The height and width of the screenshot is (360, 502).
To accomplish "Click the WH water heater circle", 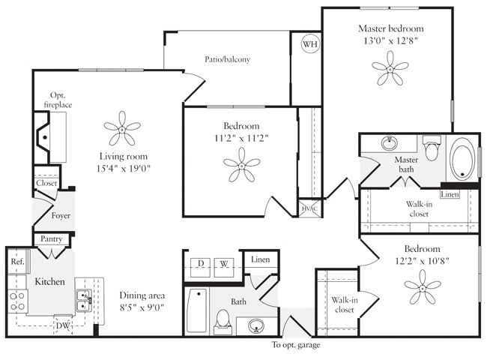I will click(x=309, y=44).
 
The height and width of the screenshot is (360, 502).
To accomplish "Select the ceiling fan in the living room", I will click(x=121, y=129).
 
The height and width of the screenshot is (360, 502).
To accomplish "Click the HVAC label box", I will click(x=308, y=208).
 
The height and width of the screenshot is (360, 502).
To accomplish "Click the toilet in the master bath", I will click(x=432, y=148).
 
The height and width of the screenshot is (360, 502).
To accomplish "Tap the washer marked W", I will click(x=224, y=264).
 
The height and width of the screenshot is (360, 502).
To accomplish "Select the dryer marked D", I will click(x=201, y=264).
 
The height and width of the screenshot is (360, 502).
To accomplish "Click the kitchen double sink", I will click(x=84, y=300).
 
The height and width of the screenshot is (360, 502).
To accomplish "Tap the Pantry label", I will click(x=51, y=239).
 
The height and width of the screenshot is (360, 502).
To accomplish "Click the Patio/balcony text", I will click(x=227, y=59).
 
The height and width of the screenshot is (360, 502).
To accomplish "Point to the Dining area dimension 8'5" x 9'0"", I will click(x=142, y=307).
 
